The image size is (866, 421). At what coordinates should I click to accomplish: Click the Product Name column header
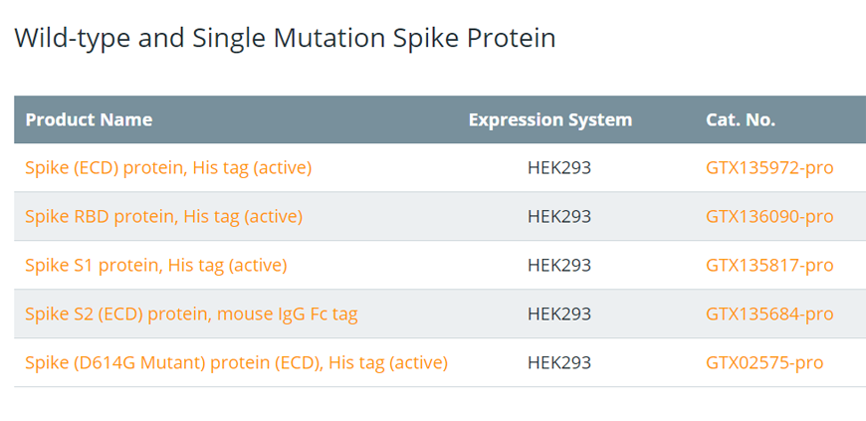89,119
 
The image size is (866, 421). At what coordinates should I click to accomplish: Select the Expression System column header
550,119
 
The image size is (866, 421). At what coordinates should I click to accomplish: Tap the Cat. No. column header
740,119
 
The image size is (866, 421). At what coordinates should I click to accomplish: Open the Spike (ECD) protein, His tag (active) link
168,168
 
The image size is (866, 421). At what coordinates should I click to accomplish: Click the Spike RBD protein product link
164,217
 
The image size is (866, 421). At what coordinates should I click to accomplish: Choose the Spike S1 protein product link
156,265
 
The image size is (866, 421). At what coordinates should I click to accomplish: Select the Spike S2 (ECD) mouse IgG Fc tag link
192,314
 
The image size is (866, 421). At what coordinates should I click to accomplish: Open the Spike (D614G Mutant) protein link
236,362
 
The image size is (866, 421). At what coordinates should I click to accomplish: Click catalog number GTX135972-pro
769,168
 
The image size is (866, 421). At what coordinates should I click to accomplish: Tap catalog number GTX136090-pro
769,217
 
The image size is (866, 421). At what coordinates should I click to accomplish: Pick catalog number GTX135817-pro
769,265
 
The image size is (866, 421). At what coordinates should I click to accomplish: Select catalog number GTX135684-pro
769,314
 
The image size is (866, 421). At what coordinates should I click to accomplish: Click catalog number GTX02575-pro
764,362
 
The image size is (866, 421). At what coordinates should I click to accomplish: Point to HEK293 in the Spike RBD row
559,217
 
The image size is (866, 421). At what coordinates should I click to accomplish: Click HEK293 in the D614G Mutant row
559,362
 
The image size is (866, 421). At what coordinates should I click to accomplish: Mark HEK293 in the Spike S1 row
559,265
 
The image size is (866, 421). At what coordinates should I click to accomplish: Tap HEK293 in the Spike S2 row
559,314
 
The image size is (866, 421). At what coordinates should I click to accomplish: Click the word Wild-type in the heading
71,39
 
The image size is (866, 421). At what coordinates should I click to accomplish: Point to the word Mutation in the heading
329,38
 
